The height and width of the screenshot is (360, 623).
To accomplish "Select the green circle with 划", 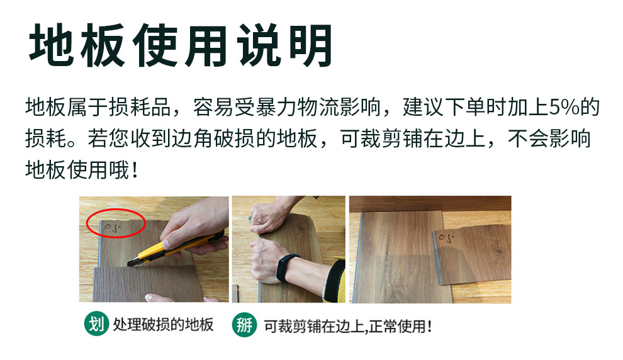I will point(95,324).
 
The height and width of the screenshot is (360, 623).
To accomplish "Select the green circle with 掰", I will point(244,325).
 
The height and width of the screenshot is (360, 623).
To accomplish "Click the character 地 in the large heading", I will point(53,45).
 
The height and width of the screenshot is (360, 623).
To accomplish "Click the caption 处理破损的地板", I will point(163,325).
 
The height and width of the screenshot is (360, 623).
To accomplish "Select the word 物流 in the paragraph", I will point(350,106).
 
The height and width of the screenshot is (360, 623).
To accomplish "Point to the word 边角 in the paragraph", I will point(199,138).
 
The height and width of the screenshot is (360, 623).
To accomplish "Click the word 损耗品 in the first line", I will point(145,106).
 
